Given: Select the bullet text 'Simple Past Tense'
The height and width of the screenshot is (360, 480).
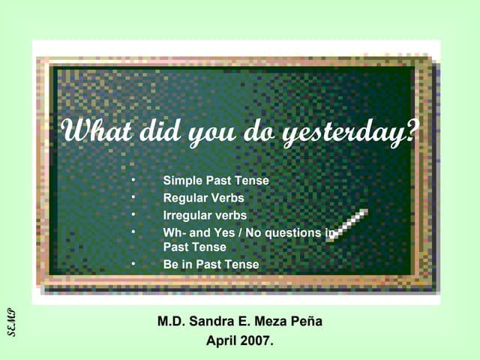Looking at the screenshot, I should [216, 181].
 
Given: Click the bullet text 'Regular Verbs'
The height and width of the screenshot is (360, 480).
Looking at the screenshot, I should [203, 198].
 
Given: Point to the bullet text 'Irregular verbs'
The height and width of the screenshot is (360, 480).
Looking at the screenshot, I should [205, 215].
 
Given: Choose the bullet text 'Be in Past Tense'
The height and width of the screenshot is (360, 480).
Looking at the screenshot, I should [211, 264].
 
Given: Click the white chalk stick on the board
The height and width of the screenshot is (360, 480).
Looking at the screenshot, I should [347, 224].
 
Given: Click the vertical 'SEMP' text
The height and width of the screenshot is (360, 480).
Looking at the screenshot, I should [12, 322].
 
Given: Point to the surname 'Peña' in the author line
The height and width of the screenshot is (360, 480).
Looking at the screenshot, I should [306, 322].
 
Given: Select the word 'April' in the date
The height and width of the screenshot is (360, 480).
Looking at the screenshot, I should [223, 341].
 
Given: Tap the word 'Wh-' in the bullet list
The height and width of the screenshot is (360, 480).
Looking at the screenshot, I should [175, 232].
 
